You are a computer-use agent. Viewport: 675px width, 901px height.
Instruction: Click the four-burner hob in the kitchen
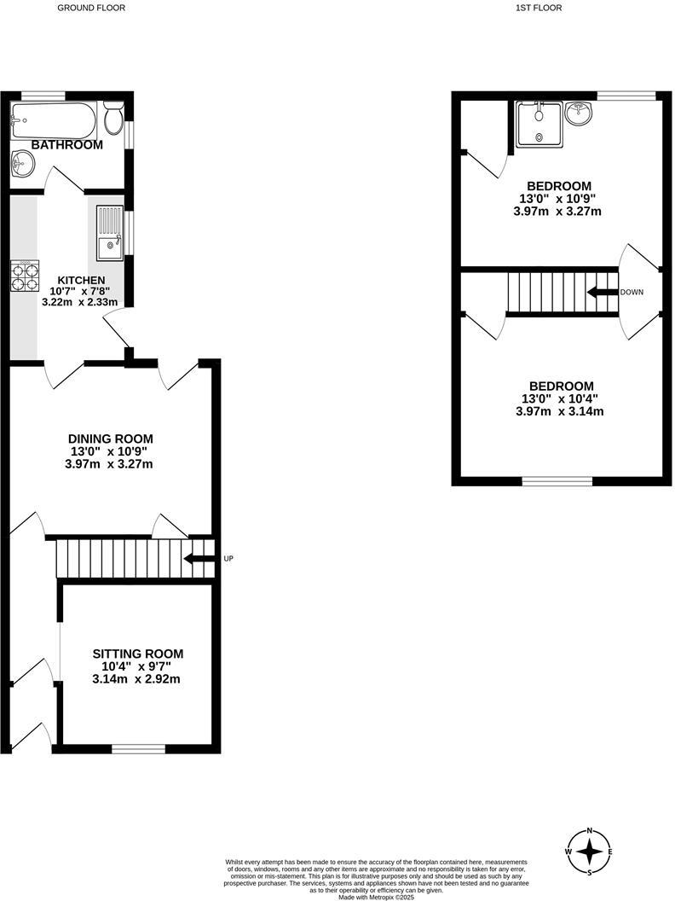[25, 276]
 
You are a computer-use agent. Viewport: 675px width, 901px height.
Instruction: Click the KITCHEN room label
[81, 280]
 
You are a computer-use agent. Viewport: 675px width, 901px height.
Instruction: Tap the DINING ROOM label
[111, 439]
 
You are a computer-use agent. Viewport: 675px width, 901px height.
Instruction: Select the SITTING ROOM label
[137, 654]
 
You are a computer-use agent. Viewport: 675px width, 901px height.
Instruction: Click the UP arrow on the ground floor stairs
[199, 559]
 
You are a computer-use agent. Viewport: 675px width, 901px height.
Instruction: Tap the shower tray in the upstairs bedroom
[539, 125]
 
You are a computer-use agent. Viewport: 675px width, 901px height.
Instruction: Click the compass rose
[589, 852]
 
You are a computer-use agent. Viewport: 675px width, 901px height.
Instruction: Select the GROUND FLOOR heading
[90, 8]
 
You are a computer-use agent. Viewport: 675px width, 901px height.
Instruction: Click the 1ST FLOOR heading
[539, 8]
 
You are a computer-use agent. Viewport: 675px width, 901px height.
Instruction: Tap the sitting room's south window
[138, 749]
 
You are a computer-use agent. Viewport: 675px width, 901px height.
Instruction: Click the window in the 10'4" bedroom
[557, 481]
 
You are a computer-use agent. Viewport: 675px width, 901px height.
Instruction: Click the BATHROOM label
[66, 145]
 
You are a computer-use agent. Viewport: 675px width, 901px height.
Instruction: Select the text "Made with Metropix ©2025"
[375, 897]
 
